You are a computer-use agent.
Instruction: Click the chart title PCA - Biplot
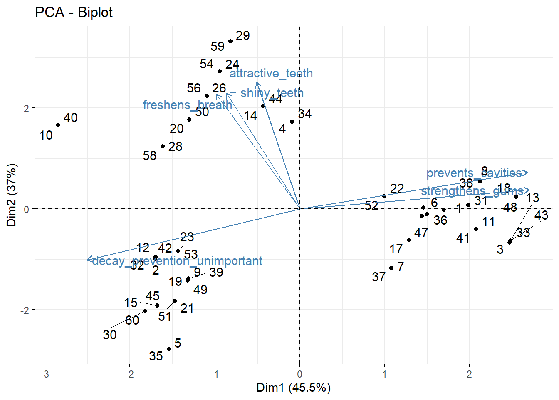point(74,12)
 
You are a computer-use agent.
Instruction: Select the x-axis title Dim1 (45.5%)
point(293,388)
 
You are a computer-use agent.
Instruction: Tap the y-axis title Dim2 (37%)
point(12,195)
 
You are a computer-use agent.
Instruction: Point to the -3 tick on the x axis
point(45,374)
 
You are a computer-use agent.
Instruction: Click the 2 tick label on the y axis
point(26,108)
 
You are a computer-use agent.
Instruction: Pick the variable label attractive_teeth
point(271,74)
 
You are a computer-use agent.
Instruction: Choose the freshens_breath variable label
point(187,105)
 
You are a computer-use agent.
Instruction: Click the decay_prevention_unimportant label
point(177,261)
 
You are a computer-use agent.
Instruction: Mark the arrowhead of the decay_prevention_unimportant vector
point(88,260)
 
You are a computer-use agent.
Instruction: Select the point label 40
point(70,118)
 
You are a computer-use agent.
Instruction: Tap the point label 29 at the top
point(242,36)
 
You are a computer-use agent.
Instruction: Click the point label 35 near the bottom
point(156,356)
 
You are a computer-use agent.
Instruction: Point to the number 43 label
point(541,215)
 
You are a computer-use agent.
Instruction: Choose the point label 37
point(378,277)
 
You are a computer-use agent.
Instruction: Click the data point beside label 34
point(292,122)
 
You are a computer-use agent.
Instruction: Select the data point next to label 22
point(384,196)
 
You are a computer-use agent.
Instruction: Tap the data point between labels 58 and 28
point(163,146)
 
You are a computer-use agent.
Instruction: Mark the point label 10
point(46,135)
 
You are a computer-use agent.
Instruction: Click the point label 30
point(110,335)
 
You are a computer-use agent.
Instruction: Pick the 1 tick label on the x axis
point(385,374)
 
